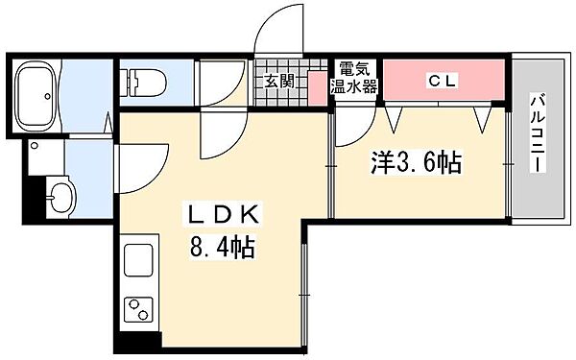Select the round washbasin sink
(x=60, y=198)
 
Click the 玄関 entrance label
(x=279, y=80)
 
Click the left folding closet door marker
(x=392, y=118)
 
